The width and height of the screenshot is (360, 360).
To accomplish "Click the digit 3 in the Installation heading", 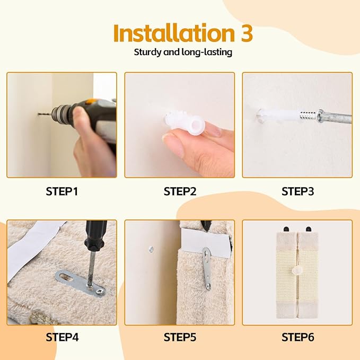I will click(243, 33).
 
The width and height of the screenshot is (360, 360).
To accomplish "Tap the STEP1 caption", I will click(62, 191).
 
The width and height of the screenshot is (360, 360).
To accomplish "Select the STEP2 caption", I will click(180, 191).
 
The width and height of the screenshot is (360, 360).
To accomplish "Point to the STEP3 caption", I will click(297, 191).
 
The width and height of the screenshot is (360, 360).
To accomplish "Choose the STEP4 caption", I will click(62, 337).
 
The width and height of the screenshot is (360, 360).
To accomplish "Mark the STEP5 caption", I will click(180, 337).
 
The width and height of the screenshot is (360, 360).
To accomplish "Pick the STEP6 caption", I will click(297, 337).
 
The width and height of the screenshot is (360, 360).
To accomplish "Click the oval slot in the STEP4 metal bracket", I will click(67, 276).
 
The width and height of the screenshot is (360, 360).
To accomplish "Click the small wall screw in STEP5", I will click(151, 247).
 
